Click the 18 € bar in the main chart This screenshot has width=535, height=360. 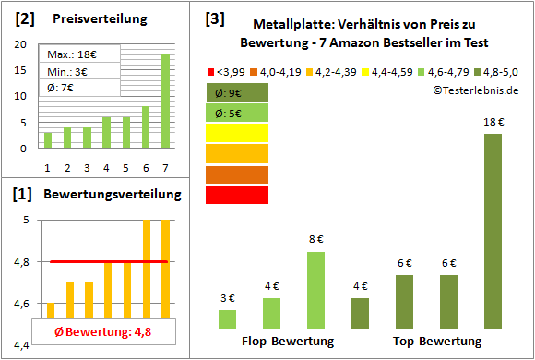493,231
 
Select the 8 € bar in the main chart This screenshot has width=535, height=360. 315,290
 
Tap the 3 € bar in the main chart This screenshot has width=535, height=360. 227,318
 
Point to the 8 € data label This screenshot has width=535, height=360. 315,240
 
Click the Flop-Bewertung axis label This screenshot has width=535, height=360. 288,342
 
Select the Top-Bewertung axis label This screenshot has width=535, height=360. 437,342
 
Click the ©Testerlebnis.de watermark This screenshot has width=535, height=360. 474,90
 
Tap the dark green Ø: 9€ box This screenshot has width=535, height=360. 237,92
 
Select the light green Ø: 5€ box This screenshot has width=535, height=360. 237,113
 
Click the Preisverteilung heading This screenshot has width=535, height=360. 95,18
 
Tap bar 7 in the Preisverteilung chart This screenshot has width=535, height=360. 165,101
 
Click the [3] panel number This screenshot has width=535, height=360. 214,18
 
